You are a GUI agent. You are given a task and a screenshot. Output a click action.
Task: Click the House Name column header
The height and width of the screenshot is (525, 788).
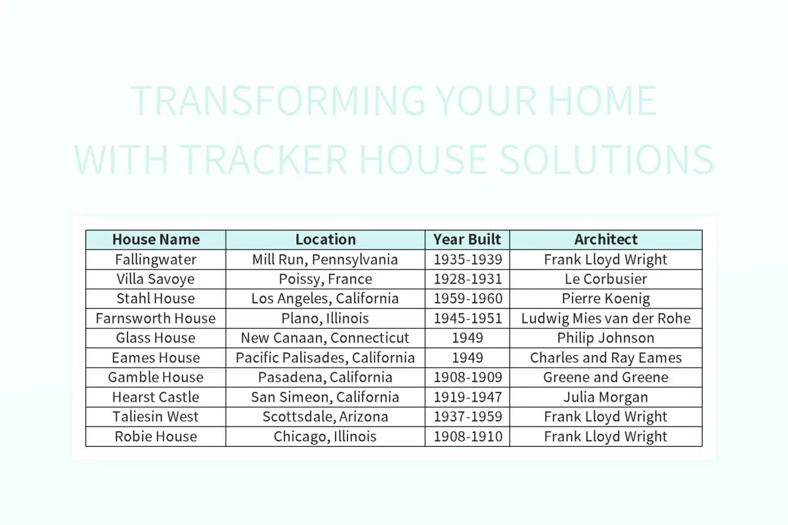[x=156, y=240]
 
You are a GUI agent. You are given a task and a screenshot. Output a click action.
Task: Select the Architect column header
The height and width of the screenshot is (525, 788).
[x=605, y=240]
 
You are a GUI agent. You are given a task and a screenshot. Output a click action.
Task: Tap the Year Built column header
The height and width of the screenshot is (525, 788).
[x=467, y=240]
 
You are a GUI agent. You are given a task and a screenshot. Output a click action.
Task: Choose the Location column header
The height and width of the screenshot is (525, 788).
[x=325, y=240]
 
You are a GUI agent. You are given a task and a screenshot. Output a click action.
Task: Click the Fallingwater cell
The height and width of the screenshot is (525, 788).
[x=156, y=259]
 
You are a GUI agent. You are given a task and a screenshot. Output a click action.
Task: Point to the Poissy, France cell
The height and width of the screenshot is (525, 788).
[x=325, y=279]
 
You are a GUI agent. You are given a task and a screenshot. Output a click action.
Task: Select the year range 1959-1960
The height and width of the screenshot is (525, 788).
[x=467, y=299]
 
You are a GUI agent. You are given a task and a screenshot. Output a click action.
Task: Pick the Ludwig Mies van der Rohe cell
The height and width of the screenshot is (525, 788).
[x=605, y=318]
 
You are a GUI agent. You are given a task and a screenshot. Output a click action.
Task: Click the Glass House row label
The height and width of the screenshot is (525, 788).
[x=156, y=338]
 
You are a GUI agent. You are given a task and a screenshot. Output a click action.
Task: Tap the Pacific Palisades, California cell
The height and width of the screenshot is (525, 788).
[x=325, y=358]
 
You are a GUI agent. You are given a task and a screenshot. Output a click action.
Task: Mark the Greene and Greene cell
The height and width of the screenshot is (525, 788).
[x=605, y=377]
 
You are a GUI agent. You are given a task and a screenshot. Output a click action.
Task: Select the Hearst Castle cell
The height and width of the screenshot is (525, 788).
[x=156, y=397]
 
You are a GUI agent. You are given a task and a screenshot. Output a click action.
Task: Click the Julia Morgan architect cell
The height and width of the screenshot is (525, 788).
[x=605, y=397]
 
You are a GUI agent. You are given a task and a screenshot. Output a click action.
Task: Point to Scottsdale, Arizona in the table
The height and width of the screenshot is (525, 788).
[x=325, y=417]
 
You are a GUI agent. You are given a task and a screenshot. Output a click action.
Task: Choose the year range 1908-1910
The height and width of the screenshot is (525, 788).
[x=467, y=436]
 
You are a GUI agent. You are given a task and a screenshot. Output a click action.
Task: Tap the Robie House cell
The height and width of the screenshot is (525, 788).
[x=156, y=436]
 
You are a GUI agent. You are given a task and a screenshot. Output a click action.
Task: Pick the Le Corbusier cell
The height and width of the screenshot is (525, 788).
[x=605, y=279]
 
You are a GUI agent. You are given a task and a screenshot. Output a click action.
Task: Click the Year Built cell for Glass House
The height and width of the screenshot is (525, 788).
[x=467, y=338]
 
